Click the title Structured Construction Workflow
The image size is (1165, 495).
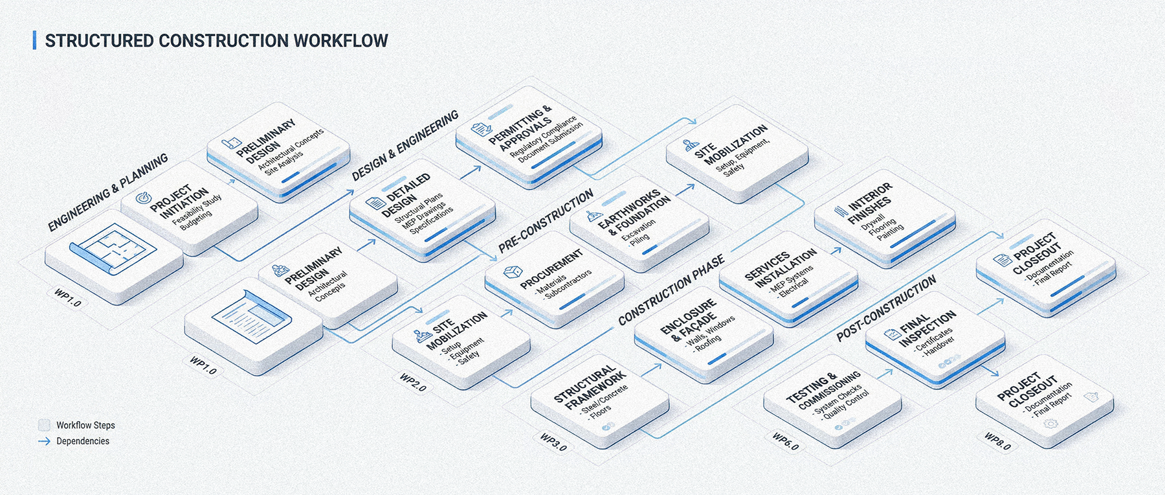coord(216,41)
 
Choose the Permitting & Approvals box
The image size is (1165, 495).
coord(528,139)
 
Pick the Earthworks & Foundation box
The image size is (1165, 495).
coord(638,221)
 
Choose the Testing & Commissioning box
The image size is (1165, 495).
coord(832,398)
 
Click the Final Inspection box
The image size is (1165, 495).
coord(935,337)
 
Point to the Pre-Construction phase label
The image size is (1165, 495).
coord(545,221)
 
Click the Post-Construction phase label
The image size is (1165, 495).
coord(885,308)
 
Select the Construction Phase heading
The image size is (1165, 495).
coord(671,290)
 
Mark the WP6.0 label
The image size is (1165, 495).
coord(785,441)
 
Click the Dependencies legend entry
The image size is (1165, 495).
coord(82,441)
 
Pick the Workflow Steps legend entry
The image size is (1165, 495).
coord(85,425)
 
